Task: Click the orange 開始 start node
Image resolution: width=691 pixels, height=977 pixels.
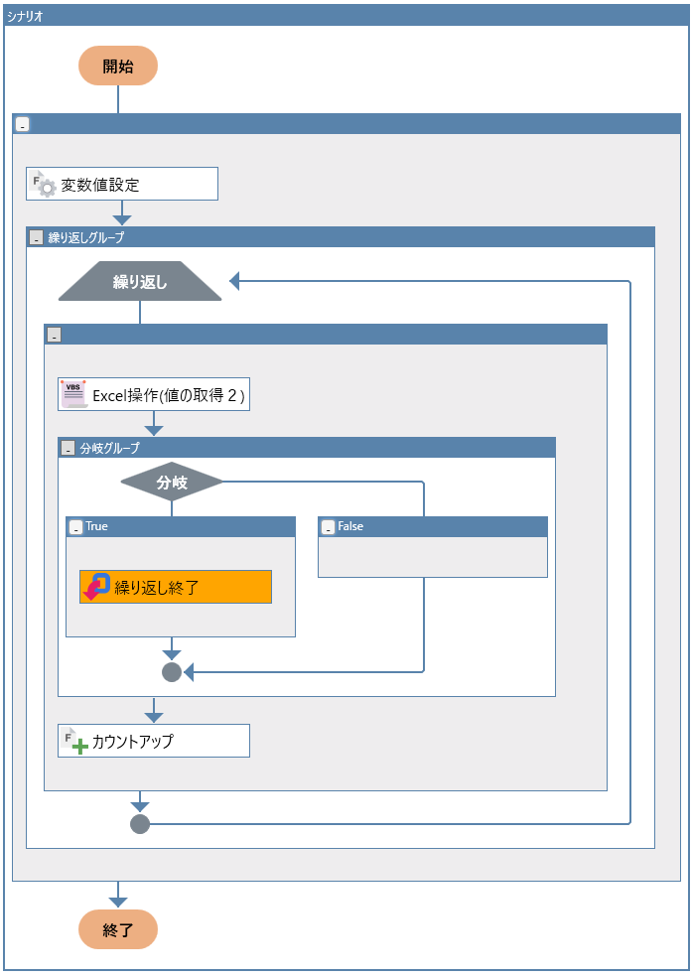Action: coord(118,66)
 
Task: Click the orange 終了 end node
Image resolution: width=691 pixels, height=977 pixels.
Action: coord(118,929)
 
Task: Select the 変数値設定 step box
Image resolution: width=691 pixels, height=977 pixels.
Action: coord(122,184)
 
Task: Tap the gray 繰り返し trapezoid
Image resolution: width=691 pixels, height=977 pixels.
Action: coord(140,281)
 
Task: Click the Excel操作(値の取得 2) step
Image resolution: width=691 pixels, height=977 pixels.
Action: coord(154,394)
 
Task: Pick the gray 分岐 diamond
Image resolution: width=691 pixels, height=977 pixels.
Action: coord(172,482)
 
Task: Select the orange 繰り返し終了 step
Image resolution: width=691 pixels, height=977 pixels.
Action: coord(176,587)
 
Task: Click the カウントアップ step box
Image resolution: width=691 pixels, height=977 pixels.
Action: coord(154,741)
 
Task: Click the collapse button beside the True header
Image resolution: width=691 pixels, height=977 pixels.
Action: coord(76,527)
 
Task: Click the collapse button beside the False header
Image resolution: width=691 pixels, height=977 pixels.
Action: coord(329,527)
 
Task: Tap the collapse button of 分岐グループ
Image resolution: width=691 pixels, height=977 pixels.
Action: coord(68,448)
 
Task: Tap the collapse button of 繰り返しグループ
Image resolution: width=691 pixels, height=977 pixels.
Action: coord(36,237)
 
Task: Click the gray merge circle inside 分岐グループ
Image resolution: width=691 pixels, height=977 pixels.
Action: coord(172,672)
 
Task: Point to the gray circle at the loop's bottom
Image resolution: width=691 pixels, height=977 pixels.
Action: coord(140,824)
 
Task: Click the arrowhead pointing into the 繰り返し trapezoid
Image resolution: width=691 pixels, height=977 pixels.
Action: coord(234,281)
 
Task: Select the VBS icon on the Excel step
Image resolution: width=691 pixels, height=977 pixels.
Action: coord(73,394)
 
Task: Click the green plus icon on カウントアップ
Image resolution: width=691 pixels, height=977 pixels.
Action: coord(79,746)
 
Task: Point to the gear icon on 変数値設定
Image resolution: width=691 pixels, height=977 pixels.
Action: coord(48,189)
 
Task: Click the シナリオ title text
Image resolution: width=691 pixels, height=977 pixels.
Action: coord(25,16)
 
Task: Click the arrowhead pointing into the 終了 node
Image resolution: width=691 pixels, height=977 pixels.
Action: coord(118,903)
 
